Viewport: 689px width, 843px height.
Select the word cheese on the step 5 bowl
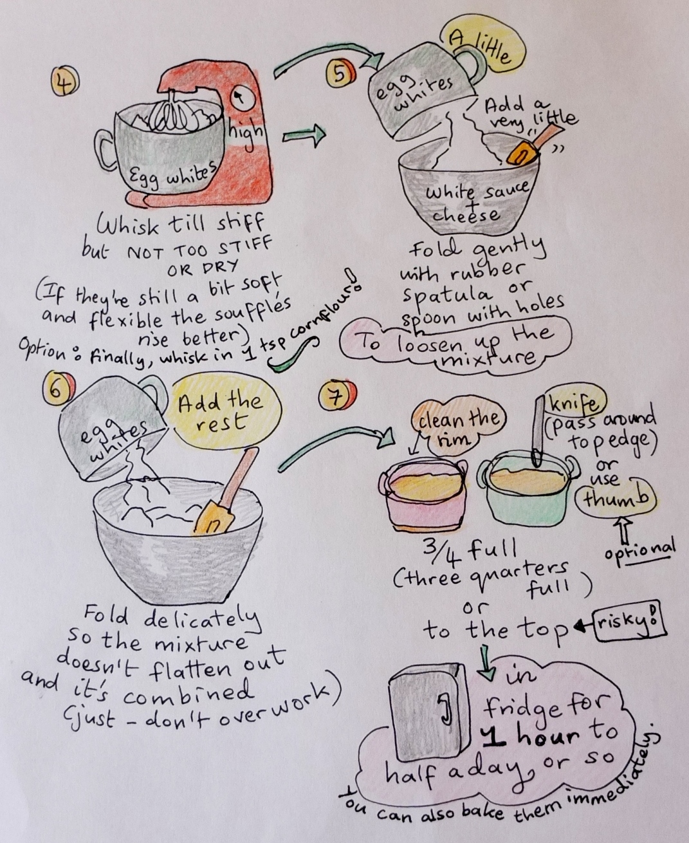(x=466, y=215)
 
